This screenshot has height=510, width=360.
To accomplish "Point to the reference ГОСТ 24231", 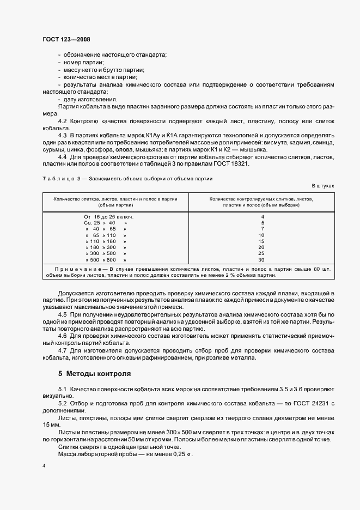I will (x=311, y=402).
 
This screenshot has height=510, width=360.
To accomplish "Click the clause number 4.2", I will (x=62, y=121).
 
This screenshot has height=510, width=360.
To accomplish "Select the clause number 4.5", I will (x=62, y=315).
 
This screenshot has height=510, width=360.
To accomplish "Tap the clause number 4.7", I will (x=62, y=350).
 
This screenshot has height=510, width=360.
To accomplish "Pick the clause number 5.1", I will (x=62, y=388).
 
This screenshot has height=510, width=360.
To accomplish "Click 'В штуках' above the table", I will (x=322, y=186).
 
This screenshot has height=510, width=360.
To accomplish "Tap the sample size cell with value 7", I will (x=262, y=229).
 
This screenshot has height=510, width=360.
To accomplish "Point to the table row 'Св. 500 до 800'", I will (x=106, y=260).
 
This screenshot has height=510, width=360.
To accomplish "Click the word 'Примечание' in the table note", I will (x=75, y=269).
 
